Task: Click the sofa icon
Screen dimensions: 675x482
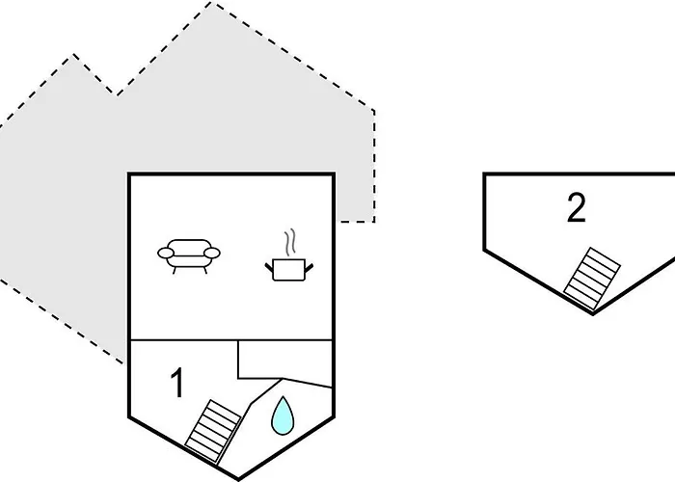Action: [189, 255]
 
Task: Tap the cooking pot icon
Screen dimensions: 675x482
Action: [289, 269]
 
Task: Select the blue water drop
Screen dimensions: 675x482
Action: [283, 415]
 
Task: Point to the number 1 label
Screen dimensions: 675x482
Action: [177, 382]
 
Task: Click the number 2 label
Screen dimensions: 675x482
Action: [577, 207]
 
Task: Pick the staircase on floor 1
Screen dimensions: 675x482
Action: [213, 431]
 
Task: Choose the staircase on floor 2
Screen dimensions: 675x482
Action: [592, 279]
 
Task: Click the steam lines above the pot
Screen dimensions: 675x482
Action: [290, 242]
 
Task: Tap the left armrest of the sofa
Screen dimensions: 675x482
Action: [166, 253]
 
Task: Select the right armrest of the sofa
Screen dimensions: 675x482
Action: [212, 253]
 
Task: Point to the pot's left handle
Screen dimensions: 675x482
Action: [269, 267]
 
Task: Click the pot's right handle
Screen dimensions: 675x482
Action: [309, 268]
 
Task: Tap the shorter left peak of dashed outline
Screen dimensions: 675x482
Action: [73, 54]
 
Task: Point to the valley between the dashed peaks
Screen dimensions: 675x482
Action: [117, 94]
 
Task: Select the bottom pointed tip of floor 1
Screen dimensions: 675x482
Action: [238, 479]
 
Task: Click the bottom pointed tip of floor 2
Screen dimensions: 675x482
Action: [593, 314]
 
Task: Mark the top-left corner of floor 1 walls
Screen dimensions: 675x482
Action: [129, 174]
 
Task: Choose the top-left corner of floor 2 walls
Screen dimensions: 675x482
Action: [485, 174]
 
